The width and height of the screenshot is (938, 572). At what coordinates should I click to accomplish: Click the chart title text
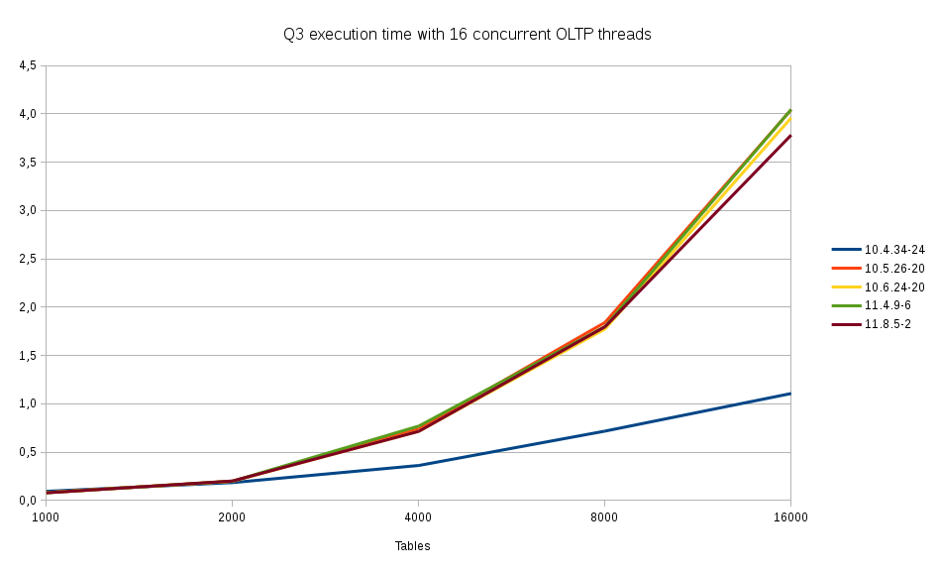tap(468, 35)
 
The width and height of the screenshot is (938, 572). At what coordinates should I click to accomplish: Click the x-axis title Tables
tap(412, 546)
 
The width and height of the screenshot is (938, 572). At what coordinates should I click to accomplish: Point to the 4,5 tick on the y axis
tap(28, 65)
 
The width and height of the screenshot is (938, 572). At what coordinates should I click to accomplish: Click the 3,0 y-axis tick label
tap(28, 210)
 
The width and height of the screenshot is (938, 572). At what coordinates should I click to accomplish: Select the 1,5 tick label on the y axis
tap(28, 356)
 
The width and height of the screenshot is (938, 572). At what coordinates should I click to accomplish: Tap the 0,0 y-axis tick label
tap(28, 501)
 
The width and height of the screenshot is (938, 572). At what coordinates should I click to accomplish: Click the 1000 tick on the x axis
tap(46, 516)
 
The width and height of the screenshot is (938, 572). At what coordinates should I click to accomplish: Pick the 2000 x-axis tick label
tap(232, 516)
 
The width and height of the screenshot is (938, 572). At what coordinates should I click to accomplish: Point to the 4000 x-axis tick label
tap(418, 516)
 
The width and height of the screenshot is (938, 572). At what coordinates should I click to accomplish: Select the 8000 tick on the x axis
tap(604, 516)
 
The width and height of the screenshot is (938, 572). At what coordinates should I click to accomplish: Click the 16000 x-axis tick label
tap(790, 516)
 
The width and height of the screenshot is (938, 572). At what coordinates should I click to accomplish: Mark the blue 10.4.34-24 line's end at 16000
tap(790, 394)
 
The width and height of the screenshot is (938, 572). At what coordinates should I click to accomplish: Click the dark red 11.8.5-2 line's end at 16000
tap(790, 135)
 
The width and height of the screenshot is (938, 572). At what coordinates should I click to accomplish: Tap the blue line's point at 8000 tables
tap(604, 431)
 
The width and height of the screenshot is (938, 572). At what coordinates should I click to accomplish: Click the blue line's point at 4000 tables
tap(418, 465)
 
